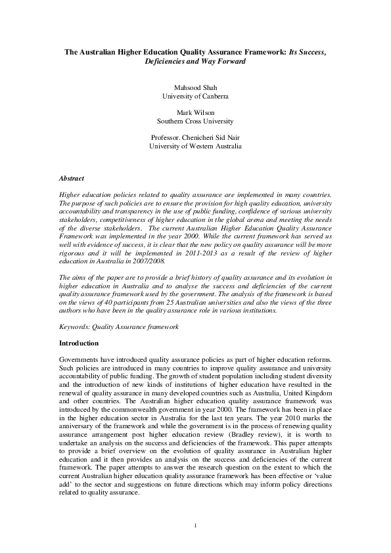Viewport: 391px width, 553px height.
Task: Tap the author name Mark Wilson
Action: pyautogui.click(x=195, y=112)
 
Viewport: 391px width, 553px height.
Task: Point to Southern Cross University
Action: pyautogui.click(x=195, y=122)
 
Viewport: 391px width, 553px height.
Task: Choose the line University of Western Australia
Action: pyautogui.click(x=195, y=146)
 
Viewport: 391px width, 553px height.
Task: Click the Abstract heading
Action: pyautogui.click(x=72, y=178)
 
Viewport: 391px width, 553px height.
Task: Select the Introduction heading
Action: pyautogui.click(x=79, y=343)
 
